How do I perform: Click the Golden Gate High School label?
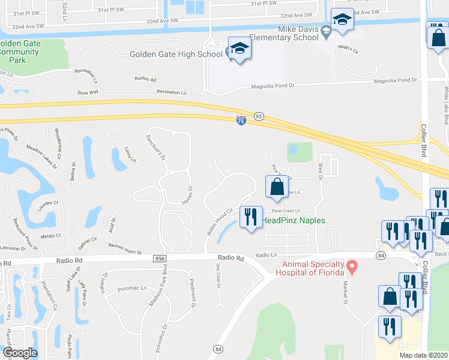176,55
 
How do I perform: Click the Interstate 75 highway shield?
241,121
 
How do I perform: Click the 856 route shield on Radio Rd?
159,258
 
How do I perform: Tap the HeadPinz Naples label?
294,220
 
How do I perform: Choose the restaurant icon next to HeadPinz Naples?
251,216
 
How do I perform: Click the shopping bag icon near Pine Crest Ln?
277,186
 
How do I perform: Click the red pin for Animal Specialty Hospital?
353,265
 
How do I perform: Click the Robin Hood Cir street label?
220,220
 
